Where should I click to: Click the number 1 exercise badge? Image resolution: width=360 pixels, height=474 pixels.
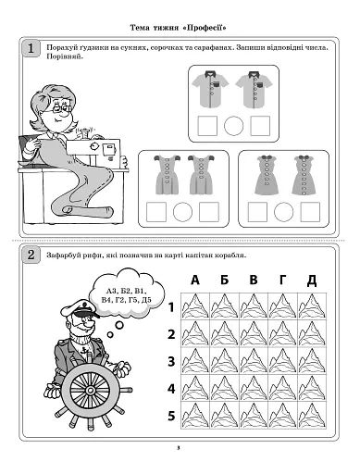[x=31, y=49]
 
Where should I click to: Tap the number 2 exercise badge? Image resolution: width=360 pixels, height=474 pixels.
[x=31, y=256]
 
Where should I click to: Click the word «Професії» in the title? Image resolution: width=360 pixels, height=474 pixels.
[x=205, y=28]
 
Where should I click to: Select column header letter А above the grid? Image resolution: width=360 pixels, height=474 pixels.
[x=195, y=280]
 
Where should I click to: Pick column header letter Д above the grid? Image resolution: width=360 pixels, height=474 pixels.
[x=312, y=281]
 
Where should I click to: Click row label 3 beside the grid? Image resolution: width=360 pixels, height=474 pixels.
[x=171, y=361]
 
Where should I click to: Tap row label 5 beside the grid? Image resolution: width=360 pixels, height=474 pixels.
[x=171, y=416]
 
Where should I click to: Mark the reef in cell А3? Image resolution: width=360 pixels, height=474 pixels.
[x=195, y=361]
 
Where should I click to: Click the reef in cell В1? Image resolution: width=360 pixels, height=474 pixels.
[x=254, y=306]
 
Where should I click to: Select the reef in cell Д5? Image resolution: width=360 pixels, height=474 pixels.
[x=312, y=416]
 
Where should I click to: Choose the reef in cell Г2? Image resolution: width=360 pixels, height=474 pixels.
[x=282, y=333]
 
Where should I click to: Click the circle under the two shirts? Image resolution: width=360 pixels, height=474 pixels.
[x=233, y=126]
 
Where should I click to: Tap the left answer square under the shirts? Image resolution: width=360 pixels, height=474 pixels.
[x=207, y=126]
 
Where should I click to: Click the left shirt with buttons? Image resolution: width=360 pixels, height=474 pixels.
[x=210, y=89]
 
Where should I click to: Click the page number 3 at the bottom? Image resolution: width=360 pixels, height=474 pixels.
[x=179, y=448]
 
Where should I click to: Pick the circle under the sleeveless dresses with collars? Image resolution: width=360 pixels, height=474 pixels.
[x=283, y=212]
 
